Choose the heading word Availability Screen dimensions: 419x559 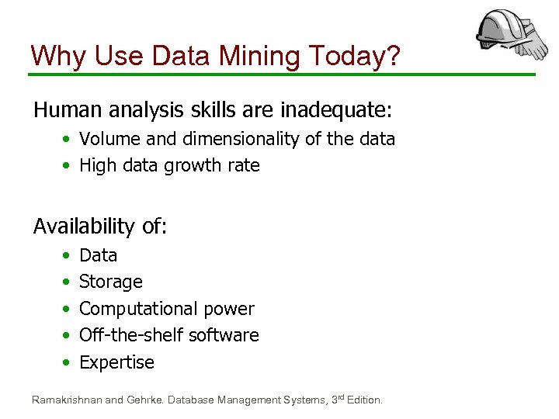coord(84,227)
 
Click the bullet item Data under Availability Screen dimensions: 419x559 coord(98,255)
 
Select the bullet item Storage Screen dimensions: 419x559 coord(111,282)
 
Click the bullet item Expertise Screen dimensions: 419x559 coord(116,362)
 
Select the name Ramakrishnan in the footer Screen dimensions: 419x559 coord(66,400)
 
